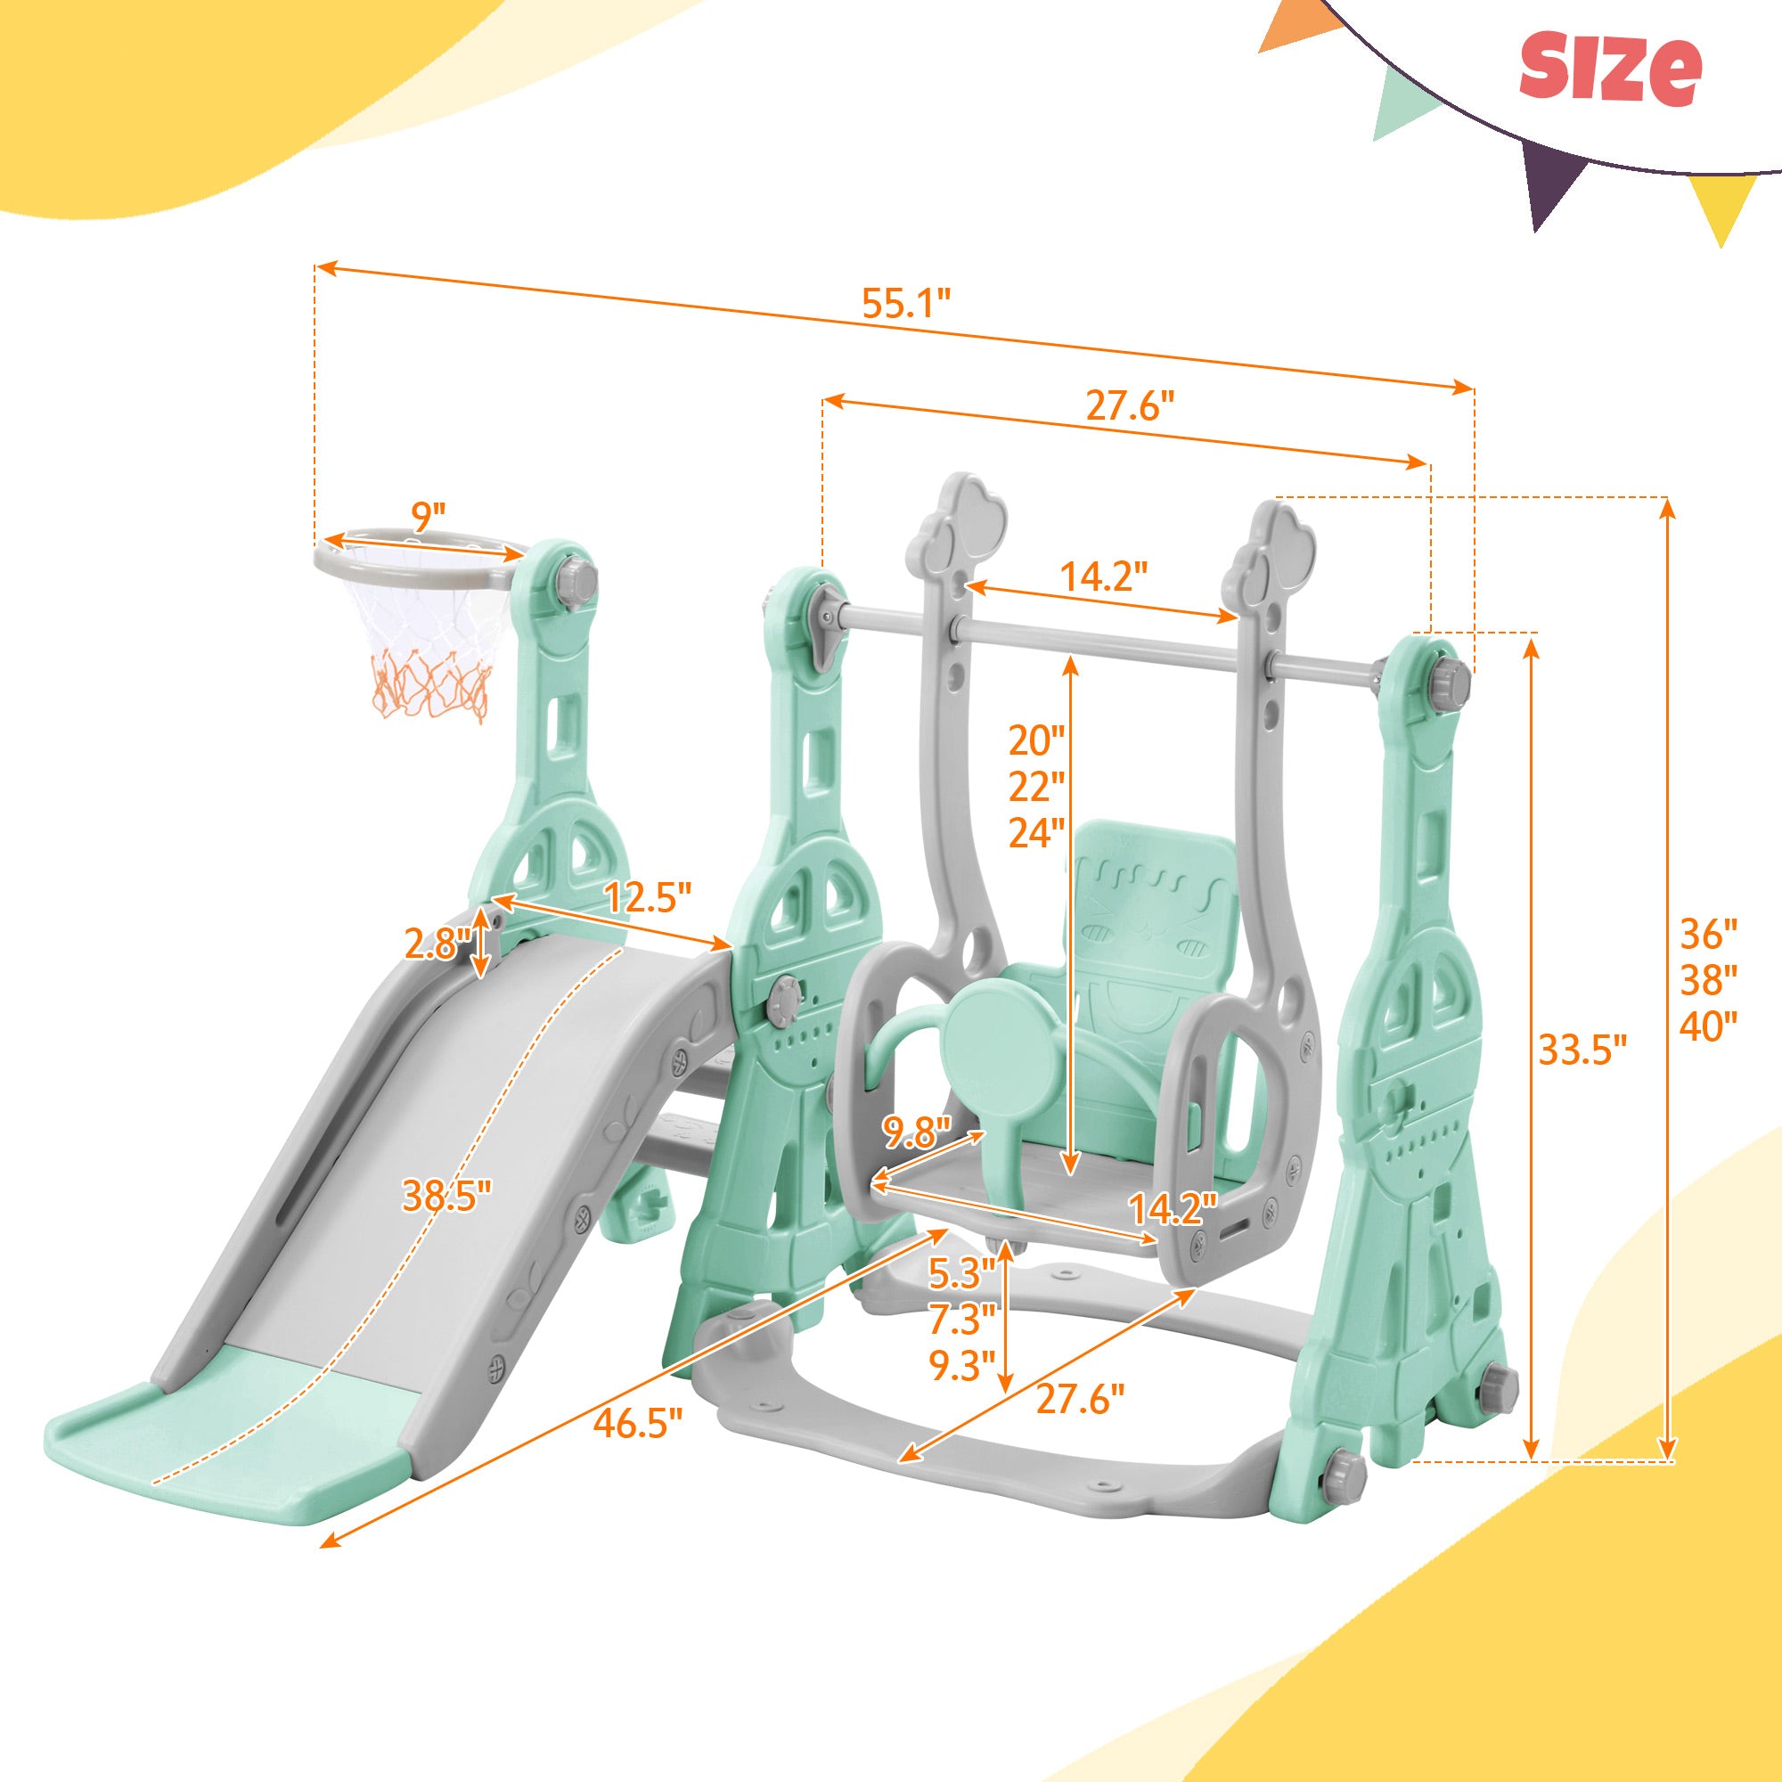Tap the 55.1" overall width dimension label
[x=906, y=304]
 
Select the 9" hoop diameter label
[x=428, y=518]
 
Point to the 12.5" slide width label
[x=647, y=895]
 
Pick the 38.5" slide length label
[x=446, y=1198]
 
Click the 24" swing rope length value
[x=1034, y=833]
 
